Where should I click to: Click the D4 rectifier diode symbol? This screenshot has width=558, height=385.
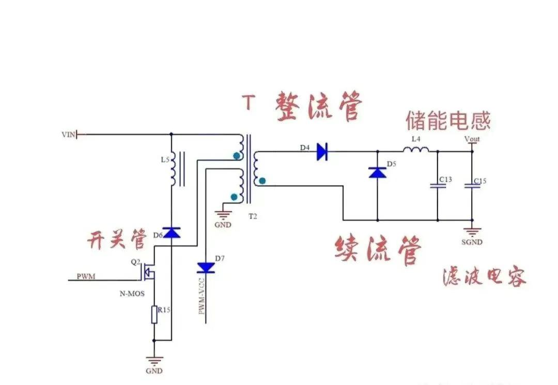322,151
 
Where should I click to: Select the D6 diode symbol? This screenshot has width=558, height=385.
171,233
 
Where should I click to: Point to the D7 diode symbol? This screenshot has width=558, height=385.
206,267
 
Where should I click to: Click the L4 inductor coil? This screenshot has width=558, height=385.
416,150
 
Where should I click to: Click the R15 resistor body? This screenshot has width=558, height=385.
154,315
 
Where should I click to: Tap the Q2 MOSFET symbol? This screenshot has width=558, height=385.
149,272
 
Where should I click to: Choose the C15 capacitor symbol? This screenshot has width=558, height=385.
471,186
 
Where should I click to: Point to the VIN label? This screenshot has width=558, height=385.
68,135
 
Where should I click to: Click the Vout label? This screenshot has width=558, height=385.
472,139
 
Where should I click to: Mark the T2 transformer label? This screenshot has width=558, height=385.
252,216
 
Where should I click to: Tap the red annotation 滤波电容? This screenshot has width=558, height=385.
484,277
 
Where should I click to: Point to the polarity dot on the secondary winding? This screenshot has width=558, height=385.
262,181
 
